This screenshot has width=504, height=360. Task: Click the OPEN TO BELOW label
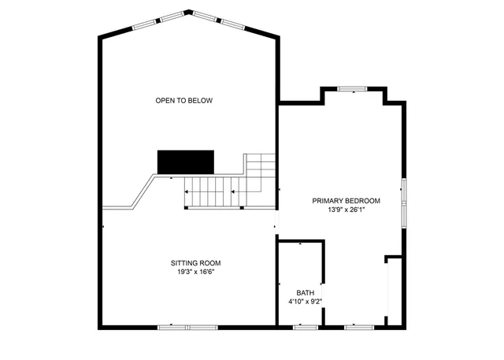pos(183,100)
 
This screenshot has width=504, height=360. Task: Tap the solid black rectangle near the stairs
pos(186,161)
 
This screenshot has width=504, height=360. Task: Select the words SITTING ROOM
pos(195,263)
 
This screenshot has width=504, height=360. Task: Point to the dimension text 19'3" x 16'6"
pos(195,272)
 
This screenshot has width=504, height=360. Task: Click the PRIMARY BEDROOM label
pos(346,201)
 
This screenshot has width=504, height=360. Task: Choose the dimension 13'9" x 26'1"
pos(346,210)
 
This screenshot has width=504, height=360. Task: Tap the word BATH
pos(305,292)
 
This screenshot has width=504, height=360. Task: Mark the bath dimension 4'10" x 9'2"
pos(305,301)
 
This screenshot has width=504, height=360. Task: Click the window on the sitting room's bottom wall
pos(187,326)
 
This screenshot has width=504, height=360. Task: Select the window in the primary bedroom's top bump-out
pos(353,89)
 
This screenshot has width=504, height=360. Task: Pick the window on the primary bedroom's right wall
pos(403,202)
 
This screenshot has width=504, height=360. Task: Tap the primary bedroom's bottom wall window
pos(358,326)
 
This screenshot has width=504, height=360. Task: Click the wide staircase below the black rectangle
pos(210,191)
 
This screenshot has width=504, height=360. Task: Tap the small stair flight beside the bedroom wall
pos(260,167)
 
